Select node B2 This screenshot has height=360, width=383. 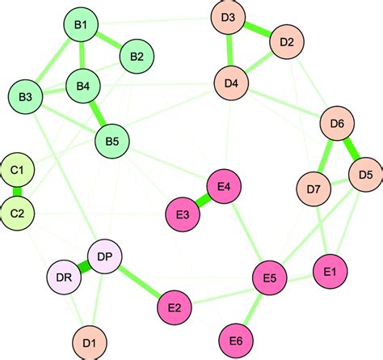click(x=137, y=57)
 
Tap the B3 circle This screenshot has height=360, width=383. click(x=25, y=97)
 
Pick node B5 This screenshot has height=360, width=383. click(x=112, y=142)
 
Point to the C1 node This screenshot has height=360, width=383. click(x=18, y=170)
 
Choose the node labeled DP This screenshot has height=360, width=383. click(x=104, y=257)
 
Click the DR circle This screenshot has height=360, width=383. click(x=64, y=279)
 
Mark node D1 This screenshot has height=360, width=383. click(x=89, y=343)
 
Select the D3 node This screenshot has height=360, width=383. click(x=228, y=18)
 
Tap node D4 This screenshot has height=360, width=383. click(x=231, y=82)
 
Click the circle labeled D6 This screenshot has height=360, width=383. click(x=337, y=124)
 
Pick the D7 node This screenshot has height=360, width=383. click(x=314, y=189)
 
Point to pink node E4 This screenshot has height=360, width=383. click(x=224, y=186)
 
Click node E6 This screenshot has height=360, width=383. click(x=235, y=339)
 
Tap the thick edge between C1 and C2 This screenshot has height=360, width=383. click(x=18, y=192)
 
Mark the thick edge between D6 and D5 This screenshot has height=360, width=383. click(x=351, y=149)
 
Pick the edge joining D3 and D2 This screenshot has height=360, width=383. click(x=258, y=30)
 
